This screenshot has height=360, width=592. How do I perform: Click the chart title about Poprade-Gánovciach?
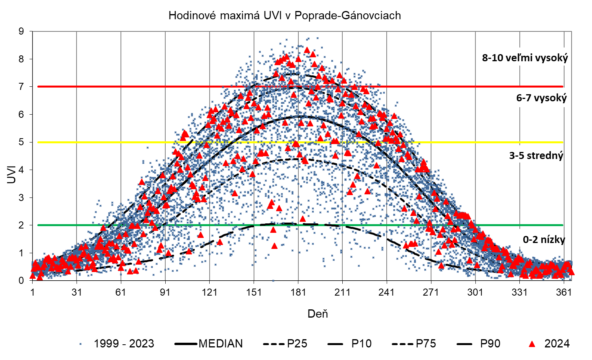[x=285, y=15]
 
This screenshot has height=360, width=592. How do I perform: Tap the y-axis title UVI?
[x=12, y=174]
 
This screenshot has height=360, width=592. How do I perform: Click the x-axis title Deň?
[x=318, y=314]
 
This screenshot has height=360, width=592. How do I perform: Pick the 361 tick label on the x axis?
[x=564, y=292]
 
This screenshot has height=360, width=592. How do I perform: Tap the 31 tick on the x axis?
[x=77, y=292]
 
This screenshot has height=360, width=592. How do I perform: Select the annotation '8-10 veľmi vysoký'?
[x=525, y=58]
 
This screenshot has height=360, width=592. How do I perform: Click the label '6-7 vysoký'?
[x=541, y=98]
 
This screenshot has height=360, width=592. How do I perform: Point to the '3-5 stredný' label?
[x=536, y=156]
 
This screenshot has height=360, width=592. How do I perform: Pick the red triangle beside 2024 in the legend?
[x=532, y=344]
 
